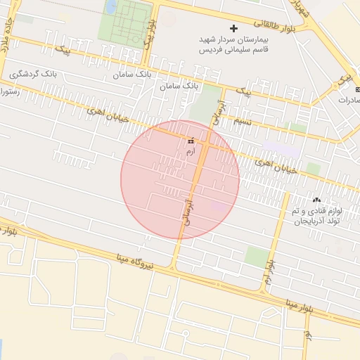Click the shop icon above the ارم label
click(x=190, y=141)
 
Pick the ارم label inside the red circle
click(x=190, y=150)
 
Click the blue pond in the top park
click(x=111, y=7)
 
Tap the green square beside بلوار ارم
click(x=257, y=257)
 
